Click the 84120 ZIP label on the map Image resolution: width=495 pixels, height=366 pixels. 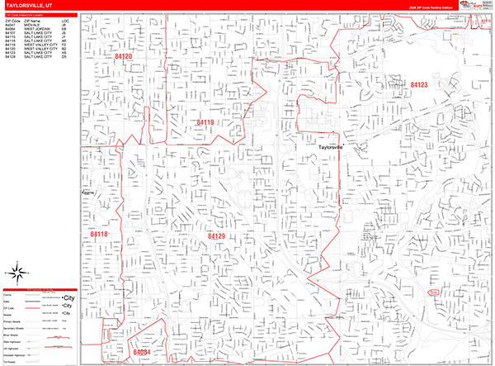coord(124,56)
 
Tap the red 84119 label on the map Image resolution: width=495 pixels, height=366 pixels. coord(205,122)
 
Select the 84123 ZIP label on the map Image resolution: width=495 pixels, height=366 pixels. coord(419,84)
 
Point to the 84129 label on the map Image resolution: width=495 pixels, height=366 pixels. coord(216,235)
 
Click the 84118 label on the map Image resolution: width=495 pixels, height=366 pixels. coord(98,235)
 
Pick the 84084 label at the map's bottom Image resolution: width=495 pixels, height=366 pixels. coord(140,352)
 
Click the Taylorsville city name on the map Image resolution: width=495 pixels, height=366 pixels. coord(335,147)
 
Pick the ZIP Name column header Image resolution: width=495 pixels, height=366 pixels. coord(31,21)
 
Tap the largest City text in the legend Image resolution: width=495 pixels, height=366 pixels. coord(70,297)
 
